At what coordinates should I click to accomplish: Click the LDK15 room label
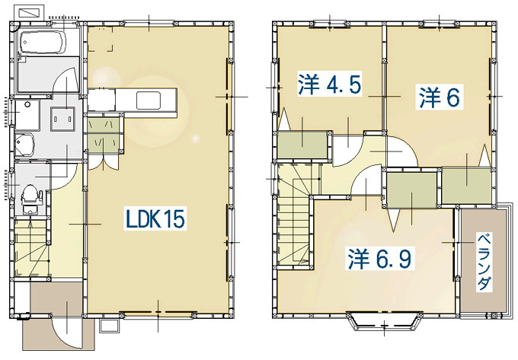point(155,218)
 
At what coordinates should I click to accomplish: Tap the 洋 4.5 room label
point(329,84)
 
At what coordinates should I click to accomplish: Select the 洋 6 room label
point(439,97)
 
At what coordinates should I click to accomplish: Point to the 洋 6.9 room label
point(379,258)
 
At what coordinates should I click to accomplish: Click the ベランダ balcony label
point(484,262)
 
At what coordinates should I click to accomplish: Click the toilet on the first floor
point(30,199)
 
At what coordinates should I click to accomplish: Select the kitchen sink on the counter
point(149,100)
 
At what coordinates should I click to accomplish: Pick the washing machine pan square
point(62,119)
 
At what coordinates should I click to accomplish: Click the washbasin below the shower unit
point(24,145)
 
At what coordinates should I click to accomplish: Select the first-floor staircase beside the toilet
point(31,248)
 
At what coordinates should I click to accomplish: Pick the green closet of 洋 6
point(465,186)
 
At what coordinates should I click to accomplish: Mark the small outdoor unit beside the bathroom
point(30,12)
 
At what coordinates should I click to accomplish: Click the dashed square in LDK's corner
point(101,39)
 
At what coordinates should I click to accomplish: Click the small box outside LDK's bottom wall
point(109,326)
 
